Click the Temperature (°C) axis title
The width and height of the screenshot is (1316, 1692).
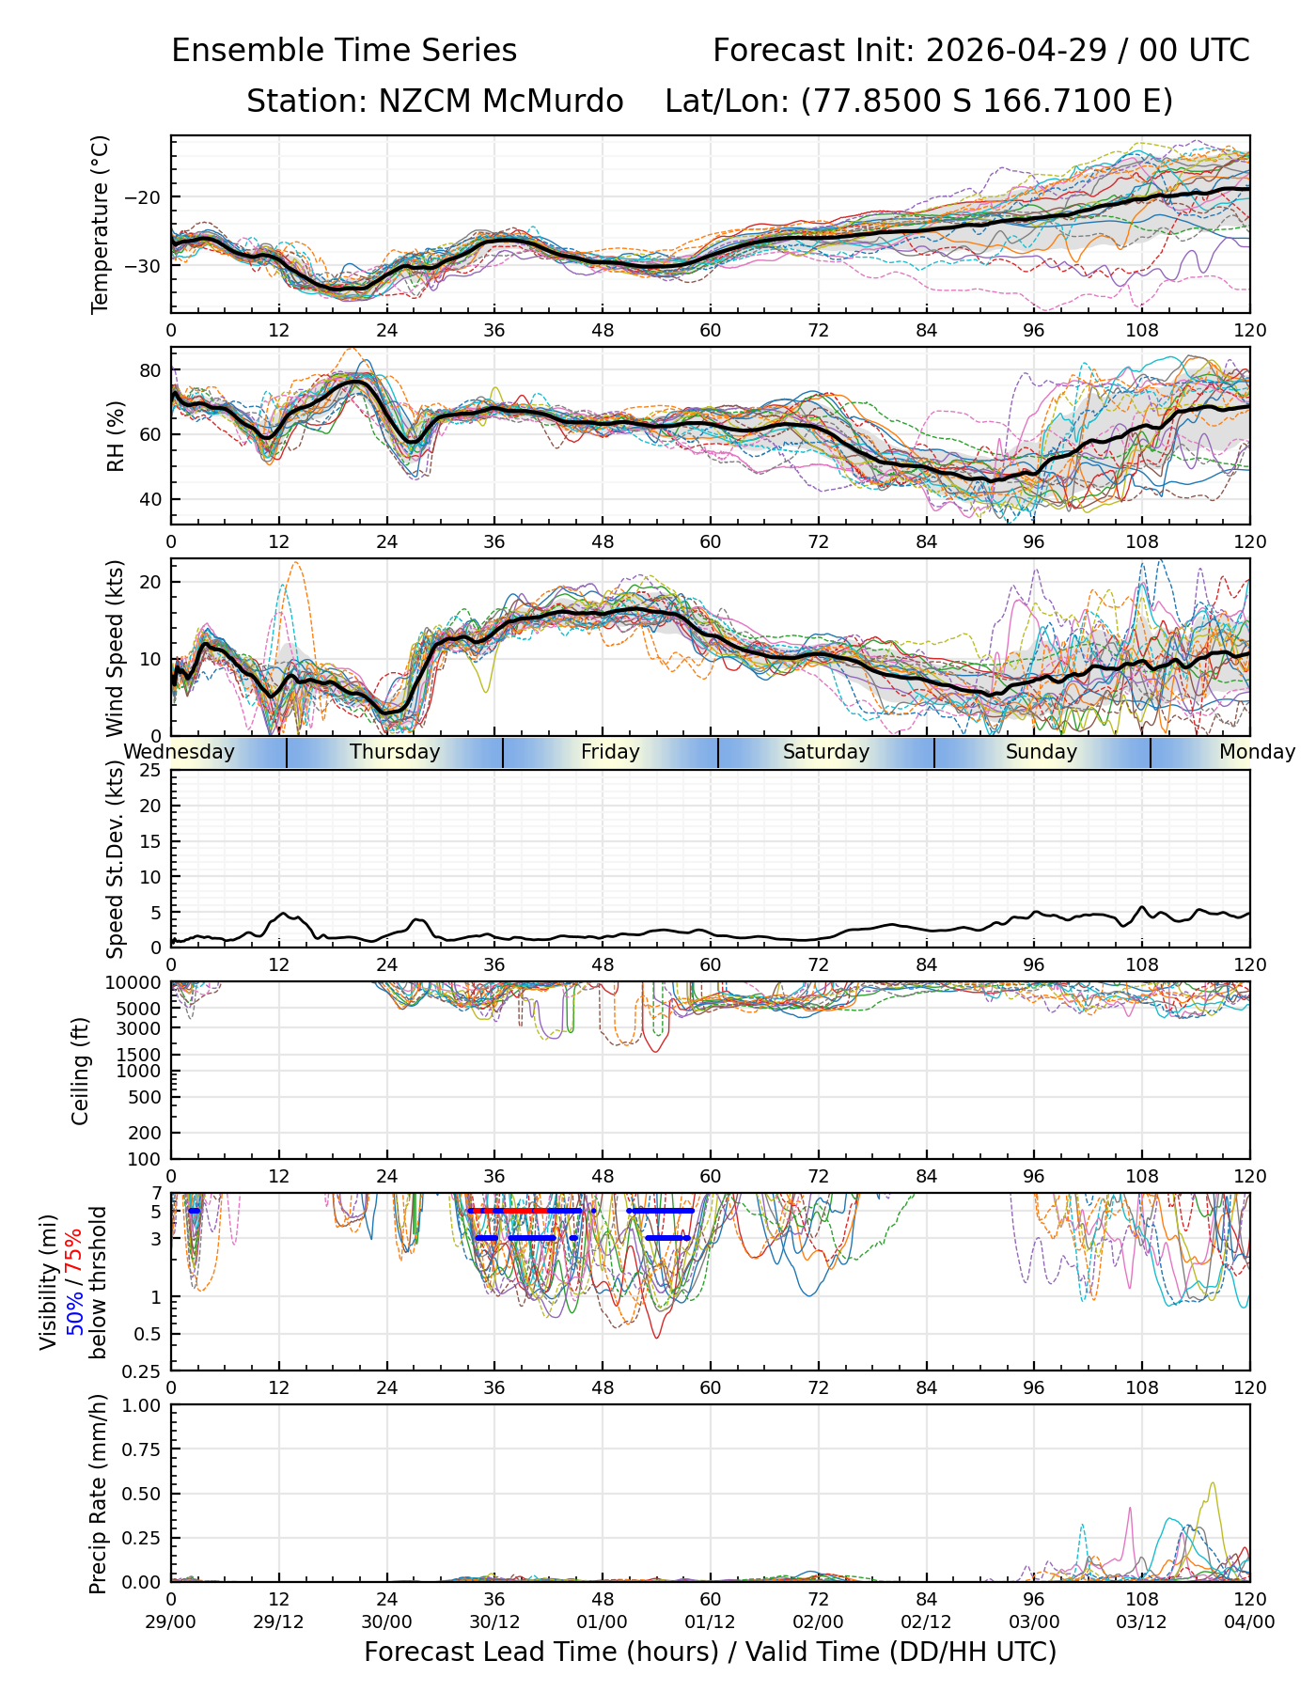click(101, 224)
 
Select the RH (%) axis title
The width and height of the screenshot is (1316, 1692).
click(116, 435)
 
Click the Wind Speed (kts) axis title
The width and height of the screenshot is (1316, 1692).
click(116, 648)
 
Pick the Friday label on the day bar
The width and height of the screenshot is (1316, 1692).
click(610, 752)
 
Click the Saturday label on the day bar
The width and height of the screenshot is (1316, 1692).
click(826, 752)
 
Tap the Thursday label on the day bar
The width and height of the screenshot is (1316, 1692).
click(395, 752)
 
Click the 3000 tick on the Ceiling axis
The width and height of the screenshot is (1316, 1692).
click(140, 1028)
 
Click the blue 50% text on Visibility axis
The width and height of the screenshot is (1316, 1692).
click(75, 1308)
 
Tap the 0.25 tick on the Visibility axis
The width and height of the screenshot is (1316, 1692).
click(146, 1371)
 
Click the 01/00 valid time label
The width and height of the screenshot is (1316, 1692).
click(603, 1621)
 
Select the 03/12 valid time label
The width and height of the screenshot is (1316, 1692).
click(1142, 1621)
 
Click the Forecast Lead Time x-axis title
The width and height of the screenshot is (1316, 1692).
click(710, 1652)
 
